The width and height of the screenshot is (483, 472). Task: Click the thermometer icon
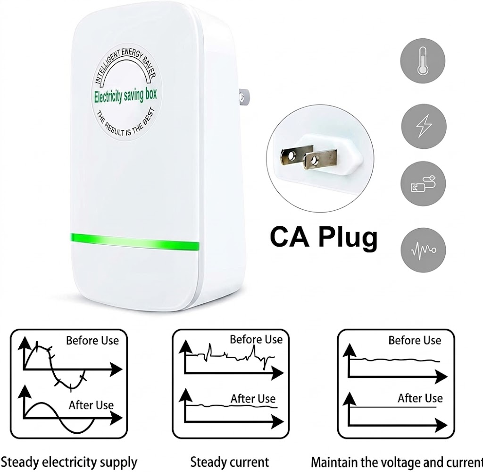coord(423,61)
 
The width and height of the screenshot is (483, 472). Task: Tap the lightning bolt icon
coord(424,126)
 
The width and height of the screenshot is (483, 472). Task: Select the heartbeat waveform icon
coord(423,250)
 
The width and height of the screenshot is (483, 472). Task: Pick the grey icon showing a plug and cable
coord(423,184)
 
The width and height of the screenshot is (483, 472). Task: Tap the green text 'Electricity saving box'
coord(125,96)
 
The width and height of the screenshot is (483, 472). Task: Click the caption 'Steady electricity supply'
coord(69,463)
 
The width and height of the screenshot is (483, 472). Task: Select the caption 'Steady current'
coord(230,462)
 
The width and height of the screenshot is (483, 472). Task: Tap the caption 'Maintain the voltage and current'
coord(397,463)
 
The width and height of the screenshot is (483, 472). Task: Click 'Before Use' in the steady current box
coord(256,339)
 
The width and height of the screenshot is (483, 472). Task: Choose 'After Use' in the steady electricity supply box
coord(91,405)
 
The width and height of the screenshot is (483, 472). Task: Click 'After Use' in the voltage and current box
coord(420,398)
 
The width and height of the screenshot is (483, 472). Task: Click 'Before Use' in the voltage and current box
coord(415,340)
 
